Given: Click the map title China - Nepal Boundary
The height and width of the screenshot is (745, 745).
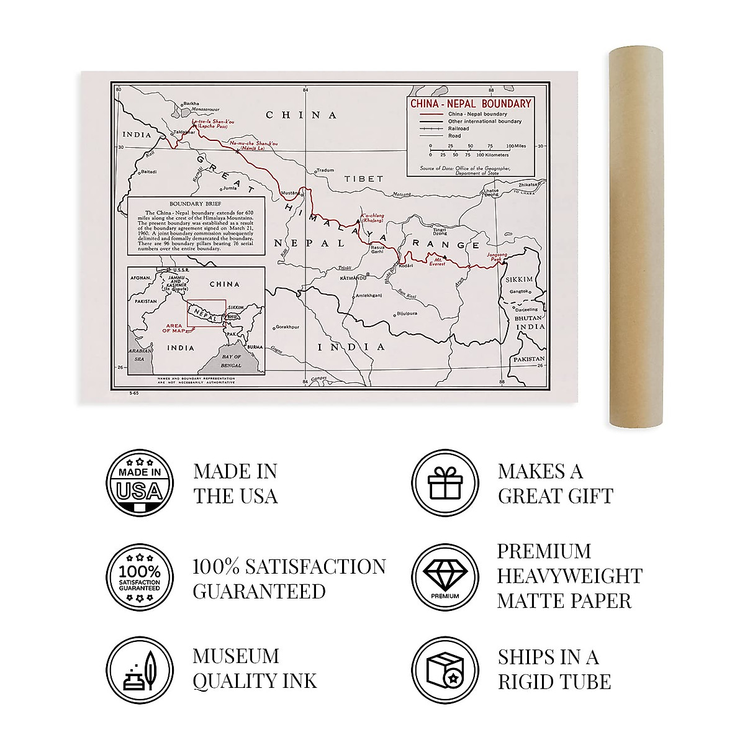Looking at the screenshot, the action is [471, 104].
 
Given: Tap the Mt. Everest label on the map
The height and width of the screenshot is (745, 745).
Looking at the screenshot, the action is [437, 261].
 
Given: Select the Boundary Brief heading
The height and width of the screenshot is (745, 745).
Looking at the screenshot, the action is [196, 204].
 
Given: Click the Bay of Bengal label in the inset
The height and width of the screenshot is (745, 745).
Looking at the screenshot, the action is [231, 360].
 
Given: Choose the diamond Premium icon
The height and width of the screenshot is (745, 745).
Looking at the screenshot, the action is [445, 577].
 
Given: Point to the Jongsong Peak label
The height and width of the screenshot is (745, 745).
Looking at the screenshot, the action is [497, 257].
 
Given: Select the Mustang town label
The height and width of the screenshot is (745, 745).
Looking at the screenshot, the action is [291, 193].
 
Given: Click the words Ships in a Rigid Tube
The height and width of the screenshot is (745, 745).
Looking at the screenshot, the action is [554, 669].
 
